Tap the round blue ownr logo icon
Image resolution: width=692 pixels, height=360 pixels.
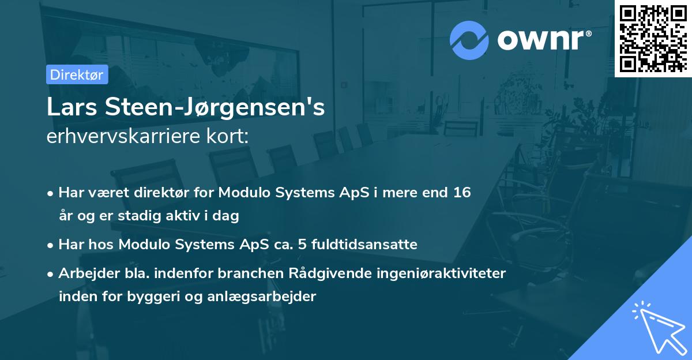(469, 39)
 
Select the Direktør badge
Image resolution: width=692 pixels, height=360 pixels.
(76, 74)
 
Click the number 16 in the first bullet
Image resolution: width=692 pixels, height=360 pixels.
(462, 193)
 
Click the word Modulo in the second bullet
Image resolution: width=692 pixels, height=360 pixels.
(144, 245)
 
